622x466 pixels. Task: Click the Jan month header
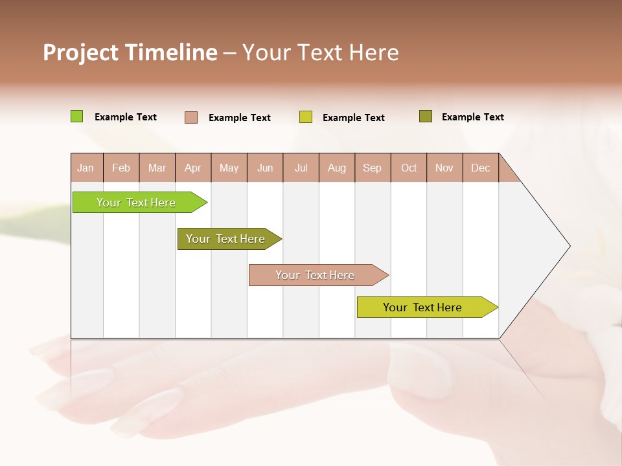(86, 168)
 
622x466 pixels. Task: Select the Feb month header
(121, 168)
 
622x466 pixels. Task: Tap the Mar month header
(157, 168)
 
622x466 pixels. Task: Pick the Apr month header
(193, 168)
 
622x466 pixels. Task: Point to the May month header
(229, 168)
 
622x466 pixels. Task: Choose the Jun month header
(265, 168)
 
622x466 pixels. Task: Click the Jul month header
(301, 168)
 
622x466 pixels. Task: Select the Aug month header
(337, 168)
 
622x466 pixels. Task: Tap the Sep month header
(373, 168)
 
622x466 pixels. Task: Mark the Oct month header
(409, 168)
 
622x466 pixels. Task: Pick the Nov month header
(444, 168)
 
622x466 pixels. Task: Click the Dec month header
(481, 168)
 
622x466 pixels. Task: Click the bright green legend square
(77, 116)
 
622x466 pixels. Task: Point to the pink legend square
(191, 117)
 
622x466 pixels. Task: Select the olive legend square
(426, 116)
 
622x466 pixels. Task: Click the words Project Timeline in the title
(130, 52)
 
